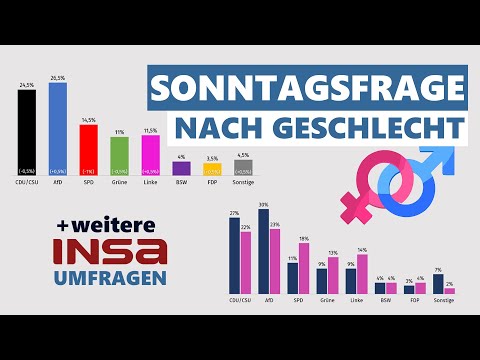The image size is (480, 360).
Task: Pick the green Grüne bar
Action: [119, 156]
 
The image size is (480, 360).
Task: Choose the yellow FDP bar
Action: [211, 170]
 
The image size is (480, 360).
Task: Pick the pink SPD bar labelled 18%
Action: [304, 269]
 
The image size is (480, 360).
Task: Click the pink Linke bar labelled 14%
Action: [363, 274]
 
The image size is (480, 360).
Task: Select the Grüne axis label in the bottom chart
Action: [328, 299]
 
